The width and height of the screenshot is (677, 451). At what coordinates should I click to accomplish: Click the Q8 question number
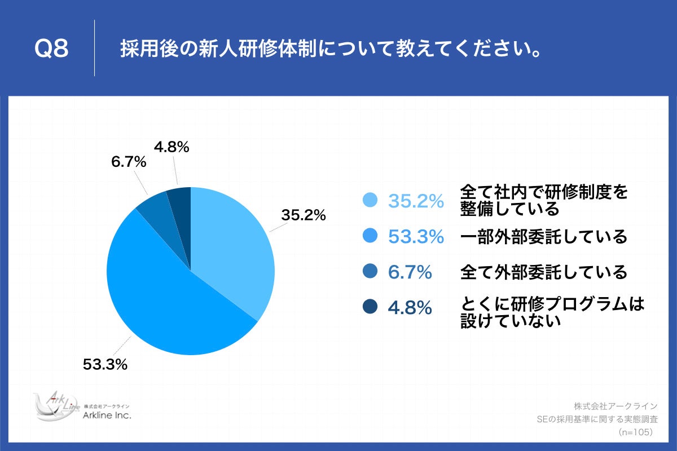click(51, 50)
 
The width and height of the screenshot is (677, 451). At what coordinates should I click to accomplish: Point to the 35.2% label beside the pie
click(304, 215)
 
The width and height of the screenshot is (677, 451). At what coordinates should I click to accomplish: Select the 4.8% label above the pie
click(172, 147)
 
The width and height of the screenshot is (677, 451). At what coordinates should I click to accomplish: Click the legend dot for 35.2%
click(370, 200)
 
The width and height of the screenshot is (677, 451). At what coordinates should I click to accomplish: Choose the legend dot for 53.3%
click(370, 237)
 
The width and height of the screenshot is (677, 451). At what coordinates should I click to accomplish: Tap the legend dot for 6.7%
click(370, 272)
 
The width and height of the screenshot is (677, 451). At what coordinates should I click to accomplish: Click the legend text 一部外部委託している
click(544, 237)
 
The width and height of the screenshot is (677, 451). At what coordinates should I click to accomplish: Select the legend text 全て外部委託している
click(544, 272)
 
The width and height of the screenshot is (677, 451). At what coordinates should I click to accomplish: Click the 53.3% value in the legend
click(416, 237)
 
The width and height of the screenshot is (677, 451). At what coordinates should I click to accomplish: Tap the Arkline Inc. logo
click(82, 407)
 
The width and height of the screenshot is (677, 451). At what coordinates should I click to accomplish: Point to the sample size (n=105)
click(635, 432)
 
